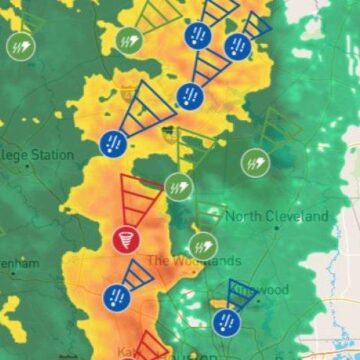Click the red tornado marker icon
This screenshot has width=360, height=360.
tap(125, 240)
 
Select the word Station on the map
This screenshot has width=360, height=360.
tap(51, 155)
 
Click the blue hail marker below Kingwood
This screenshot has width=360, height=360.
tap(224, 322)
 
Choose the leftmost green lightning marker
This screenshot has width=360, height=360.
tap(19, 46)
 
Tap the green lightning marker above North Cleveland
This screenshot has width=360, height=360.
tap(256, 161)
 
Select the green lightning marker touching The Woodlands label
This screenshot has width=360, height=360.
tap(202, 245)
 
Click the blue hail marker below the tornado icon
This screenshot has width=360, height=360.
tap(117, 296)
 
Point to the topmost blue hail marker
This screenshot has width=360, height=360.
tap(197, 34)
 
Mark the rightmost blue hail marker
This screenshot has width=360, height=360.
tap(237, 45)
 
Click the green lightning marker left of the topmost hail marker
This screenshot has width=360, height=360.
tap(129, 42)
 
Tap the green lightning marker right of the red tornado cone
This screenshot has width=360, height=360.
tap(178, 186)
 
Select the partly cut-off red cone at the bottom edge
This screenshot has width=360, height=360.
tap(150, 346)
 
